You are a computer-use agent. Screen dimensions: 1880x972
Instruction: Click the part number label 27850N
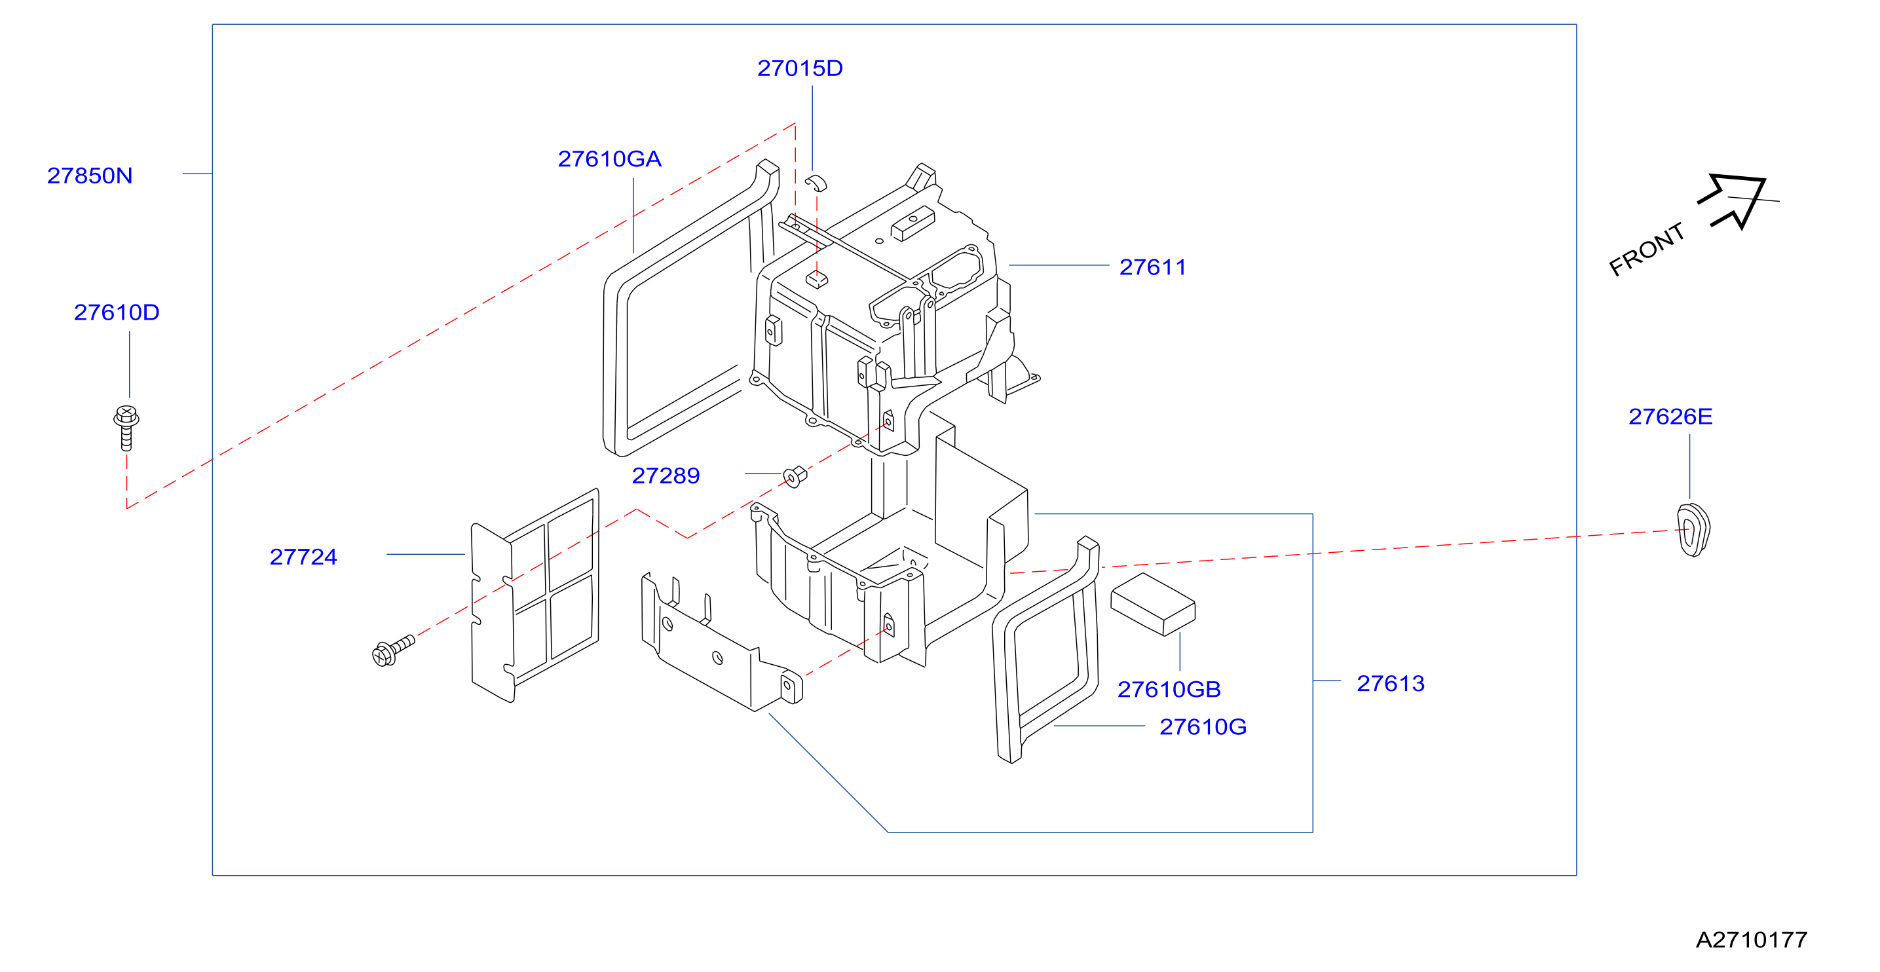coord(90,176)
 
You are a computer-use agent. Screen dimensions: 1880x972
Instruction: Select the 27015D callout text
coord(800,69)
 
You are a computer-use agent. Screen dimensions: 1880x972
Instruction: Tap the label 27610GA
coord(609,159)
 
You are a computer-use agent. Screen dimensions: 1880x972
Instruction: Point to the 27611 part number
coord(1152,267)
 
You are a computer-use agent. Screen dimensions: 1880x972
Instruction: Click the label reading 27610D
coord(117,312)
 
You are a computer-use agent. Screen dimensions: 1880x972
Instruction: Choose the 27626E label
coord(1670,417)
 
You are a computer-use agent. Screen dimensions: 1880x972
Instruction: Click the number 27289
coord(666,476)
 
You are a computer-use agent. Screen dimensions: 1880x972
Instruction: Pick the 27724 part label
coord(303,557)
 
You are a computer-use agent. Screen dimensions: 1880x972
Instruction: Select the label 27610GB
coord(1169,690)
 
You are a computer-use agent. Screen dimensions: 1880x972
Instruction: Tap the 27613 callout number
coord(1390,684)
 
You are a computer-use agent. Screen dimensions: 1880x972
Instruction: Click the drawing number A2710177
coord(1752,940)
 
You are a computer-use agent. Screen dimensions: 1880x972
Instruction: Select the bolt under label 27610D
coord(126,428)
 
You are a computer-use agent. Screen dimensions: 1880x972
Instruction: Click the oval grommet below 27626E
coord(1693,530)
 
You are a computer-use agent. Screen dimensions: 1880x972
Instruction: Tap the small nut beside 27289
coord(795,477)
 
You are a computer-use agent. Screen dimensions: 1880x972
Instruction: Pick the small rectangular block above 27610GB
coord(1153,604)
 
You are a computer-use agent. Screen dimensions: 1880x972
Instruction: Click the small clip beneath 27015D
coord(816,183)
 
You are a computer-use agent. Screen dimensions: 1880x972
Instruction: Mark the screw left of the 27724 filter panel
coord(392,650)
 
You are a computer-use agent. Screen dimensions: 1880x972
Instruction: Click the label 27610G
coord(1203,728)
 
